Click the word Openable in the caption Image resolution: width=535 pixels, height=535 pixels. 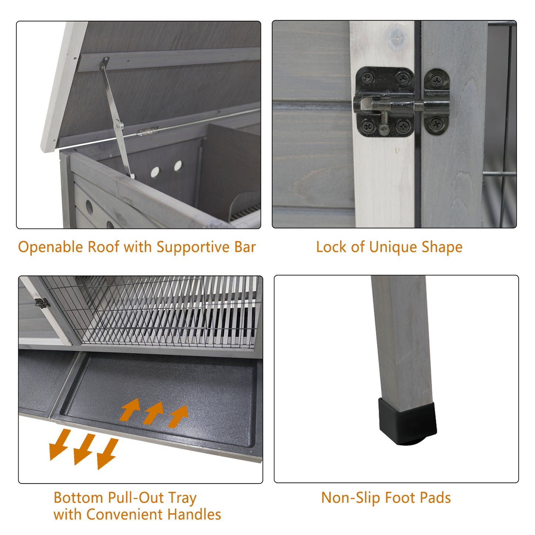click(50, 247)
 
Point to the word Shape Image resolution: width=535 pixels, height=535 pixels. click(442, 247)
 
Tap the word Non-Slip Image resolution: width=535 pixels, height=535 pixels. click(351, 498)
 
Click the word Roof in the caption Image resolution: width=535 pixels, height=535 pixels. click(103, 247)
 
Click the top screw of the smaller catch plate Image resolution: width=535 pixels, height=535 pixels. click(437, 81)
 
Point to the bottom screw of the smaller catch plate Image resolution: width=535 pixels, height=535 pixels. click(437, 124)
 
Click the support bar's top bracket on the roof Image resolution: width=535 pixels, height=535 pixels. click(105, 63)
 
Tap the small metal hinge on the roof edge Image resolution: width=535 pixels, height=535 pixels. click(147, 131)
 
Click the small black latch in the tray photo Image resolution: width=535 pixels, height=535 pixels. click(43, 303)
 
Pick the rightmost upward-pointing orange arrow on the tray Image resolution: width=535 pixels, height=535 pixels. click(178, 416)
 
